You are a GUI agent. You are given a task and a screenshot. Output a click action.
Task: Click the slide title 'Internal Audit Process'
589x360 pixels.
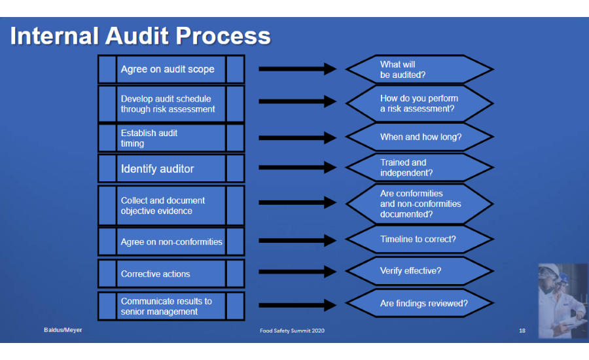coord(140,36)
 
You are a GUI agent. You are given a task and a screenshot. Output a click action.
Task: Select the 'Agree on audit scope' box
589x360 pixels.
coord(171,69)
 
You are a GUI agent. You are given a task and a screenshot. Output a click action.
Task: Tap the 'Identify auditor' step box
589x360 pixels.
coord(171,169)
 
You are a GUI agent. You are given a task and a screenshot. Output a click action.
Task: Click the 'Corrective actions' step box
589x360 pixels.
coord(171,274)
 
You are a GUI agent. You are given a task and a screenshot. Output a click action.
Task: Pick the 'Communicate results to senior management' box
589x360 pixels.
coord(171,306)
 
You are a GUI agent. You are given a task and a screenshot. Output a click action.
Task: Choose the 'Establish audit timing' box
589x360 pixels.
coord(171,138)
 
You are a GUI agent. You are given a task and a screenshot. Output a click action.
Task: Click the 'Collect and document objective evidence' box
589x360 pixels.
coord(171,206)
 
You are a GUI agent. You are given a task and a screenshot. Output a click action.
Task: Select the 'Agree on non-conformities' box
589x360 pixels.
coord(171,242)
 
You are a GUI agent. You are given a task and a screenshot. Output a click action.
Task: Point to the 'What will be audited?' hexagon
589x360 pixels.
coord(419,69)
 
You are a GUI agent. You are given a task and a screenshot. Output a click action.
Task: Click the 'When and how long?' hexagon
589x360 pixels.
coord(419,137)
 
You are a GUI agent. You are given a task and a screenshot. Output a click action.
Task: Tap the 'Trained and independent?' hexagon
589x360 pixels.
coord(419,168)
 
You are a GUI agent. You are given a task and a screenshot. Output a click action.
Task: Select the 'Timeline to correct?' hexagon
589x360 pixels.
coord(419,240)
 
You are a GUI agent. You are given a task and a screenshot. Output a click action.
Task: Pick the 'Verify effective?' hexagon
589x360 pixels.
coord(419,271)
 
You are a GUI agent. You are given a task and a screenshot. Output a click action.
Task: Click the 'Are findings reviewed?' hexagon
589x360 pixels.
coord(419,304)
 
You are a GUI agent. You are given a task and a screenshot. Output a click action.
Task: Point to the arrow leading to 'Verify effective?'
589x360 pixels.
coord(297,272)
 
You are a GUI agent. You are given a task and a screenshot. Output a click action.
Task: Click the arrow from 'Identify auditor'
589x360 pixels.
coord(297,168)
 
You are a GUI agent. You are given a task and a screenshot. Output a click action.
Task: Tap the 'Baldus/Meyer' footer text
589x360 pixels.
coord(58,330)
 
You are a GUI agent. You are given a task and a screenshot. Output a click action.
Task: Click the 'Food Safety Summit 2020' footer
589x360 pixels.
coord(292,331)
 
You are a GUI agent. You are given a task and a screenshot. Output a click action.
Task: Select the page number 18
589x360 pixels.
coord(522,331)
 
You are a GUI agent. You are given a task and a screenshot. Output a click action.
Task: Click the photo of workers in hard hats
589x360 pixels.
coord(562,300)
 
